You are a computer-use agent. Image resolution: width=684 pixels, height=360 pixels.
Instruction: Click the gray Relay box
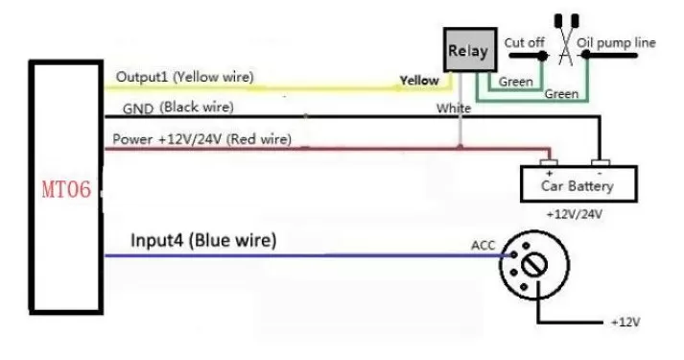pyautogui.click(x=470, y=50)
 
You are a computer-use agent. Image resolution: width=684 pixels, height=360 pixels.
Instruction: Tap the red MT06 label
pyautogui.click(x=66, y=189)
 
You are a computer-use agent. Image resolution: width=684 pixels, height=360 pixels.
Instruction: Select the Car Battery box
pyautogui.click(x=578, y=183)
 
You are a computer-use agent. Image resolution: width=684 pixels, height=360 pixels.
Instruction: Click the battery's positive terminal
pyautogui.click(x=549, y=163)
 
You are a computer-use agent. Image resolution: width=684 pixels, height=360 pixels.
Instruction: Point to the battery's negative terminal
pyautogui.click(x=601, y=163)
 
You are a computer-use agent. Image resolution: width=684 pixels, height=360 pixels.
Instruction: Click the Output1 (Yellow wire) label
pyautogui.click(x=184, y=77)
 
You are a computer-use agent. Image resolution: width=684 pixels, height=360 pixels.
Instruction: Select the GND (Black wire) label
pyautogui.click(x=178, y=108)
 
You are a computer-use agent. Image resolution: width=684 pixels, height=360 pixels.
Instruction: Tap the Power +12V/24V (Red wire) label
pyautogui.click(x=202, y=139)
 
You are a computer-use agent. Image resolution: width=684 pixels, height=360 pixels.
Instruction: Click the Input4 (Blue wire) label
pyautogui.click(x=203, y=240)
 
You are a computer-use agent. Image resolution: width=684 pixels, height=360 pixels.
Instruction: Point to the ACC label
pyautogui.click(x=483, y=245)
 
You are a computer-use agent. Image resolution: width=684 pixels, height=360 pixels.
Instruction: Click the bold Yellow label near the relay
pyautogui.click(x=419, y=81)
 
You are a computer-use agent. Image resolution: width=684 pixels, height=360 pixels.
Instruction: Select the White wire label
pyautogui.click(x=454, y=108)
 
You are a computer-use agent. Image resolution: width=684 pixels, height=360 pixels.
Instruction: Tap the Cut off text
pyautogui.click(x=525, y=43)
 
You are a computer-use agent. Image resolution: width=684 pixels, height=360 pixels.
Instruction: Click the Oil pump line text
pyautogui.click(x=616, y=43)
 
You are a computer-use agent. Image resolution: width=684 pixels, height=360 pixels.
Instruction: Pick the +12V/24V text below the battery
pyautogui.click(x=574, y=214)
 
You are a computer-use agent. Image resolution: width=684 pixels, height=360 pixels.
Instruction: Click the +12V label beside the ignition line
pyautogui.click(x=625, y=323)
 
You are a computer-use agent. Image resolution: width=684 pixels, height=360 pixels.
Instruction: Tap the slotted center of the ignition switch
pyautogui.click(x=534, y=264)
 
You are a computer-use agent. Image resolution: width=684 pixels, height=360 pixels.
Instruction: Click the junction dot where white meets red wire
pyautogui.click(x=460, y=148)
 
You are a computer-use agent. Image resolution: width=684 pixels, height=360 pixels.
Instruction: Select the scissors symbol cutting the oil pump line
pyautogui.click(x=566, y=39)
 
